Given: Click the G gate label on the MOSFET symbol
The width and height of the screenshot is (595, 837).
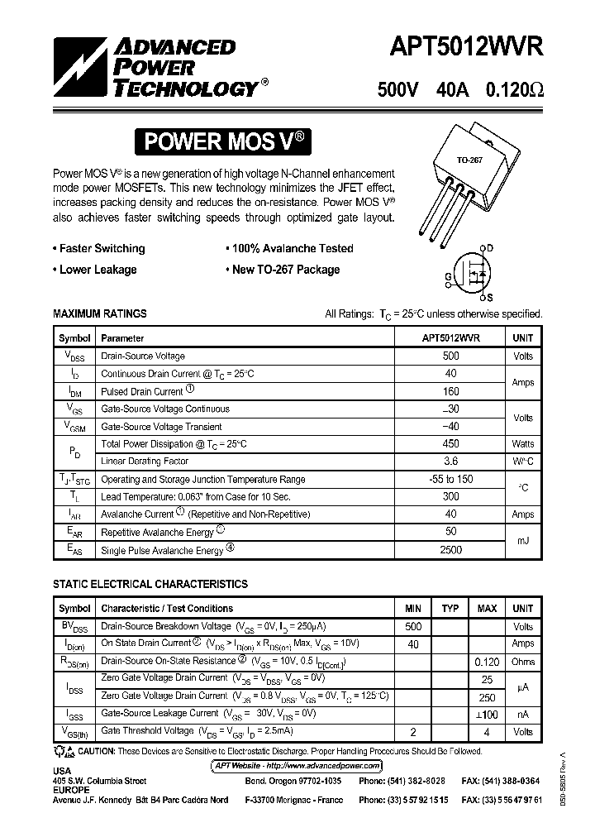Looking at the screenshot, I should (x=448, y=275).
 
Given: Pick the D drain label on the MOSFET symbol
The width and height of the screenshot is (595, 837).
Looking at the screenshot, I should (x=489, y=248).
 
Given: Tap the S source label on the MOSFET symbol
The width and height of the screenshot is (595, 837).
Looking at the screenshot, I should (x=489, y=297).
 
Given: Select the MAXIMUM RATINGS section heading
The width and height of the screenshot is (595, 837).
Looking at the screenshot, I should (x=99, y=313).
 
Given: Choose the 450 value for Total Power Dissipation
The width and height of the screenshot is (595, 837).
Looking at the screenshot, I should (x=450, y=444).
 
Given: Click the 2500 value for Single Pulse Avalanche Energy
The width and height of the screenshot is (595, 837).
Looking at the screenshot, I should (x=450, y=550).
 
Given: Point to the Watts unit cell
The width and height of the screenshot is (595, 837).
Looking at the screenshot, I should (x=522, y=444).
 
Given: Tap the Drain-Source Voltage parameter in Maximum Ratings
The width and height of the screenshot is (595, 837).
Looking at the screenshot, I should (x=142, y=356).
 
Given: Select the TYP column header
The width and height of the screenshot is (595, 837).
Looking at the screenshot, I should (x=450, y=609).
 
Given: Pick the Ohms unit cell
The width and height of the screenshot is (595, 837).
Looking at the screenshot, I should (x=522, y=662).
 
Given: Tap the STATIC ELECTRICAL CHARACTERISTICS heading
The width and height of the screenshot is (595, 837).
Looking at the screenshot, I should (x=150, y=584).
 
